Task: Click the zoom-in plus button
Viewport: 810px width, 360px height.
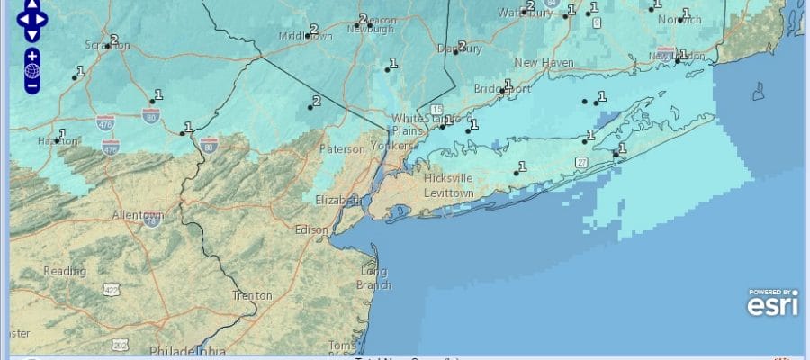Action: [x=32, y=56]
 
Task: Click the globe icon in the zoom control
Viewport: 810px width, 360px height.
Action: [x=32, y=71]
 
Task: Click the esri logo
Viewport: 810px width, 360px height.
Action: [x=772, y=303]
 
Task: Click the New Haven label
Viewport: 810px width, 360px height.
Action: [x=544, y=62]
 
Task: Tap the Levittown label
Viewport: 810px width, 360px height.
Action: [x=449, y=193]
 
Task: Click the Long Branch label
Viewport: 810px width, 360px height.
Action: [x=374, y=278]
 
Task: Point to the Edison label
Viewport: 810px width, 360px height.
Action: [x=311, y=229]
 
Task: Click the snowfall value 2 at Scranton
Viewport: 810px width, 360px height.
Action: [x=114, y=40]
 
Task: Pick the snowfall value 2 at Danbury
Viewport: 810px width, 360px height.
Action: [x=462, y=46]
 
